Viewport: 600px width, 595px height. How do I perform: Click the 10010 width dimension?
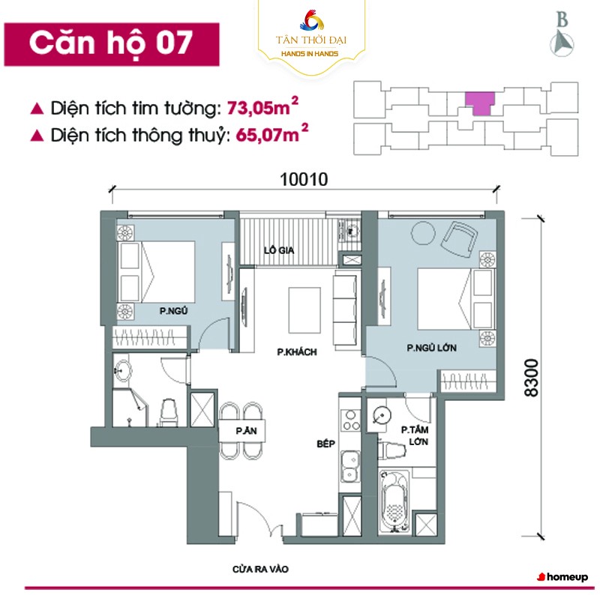(x=304, y=179)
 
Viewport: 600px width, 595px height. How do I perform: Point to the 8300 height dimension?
(x=532, y=377)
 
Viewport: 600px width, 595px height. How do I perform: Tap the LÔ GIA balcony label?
(x=279, y=250)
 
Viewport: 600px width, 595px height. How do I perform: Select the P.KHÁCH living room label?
(x=297, y=351)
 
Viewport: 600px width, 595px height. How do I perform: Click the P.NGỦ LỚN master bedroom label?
(x=432, y=348)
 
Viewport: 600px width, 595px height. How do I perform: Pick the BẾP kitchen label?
(x=326, y=444)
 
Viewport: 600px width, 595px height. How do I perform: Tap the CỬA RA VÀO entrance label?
(x=260, y=570)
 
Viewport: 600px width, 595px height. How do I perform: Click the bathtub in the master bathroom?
(x=394, y=501)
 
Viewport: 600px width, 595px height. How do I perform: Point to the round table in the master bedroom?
(x=423, y=232)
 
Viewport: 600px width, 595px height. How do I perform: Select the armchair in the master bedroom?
(x=459, y=240)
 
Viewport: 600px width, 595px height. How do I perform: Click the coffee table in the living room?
(x=304, y=310)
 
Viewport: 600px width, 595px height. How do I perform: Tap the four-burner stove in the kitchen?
(x=350, y=420)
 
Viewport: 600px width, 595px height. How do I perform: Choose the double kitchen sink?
(x=350, y=466)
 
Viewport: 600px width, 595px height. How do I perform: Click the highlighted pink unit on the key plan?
(x=480, y=102)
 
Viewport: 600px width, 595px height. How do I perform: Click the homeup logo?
(x=562, y=577)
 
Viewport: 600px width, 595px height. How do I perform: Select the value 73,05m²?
(x=262, y=107)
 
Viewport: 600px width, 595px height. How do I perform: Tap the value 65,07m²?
(x=271, y=134)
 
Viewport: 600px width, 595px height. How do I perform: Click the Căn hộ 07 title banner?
(x=112, y=44)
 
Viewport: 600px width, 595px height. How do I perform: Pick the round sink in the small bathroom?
(x=123, y=369)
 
